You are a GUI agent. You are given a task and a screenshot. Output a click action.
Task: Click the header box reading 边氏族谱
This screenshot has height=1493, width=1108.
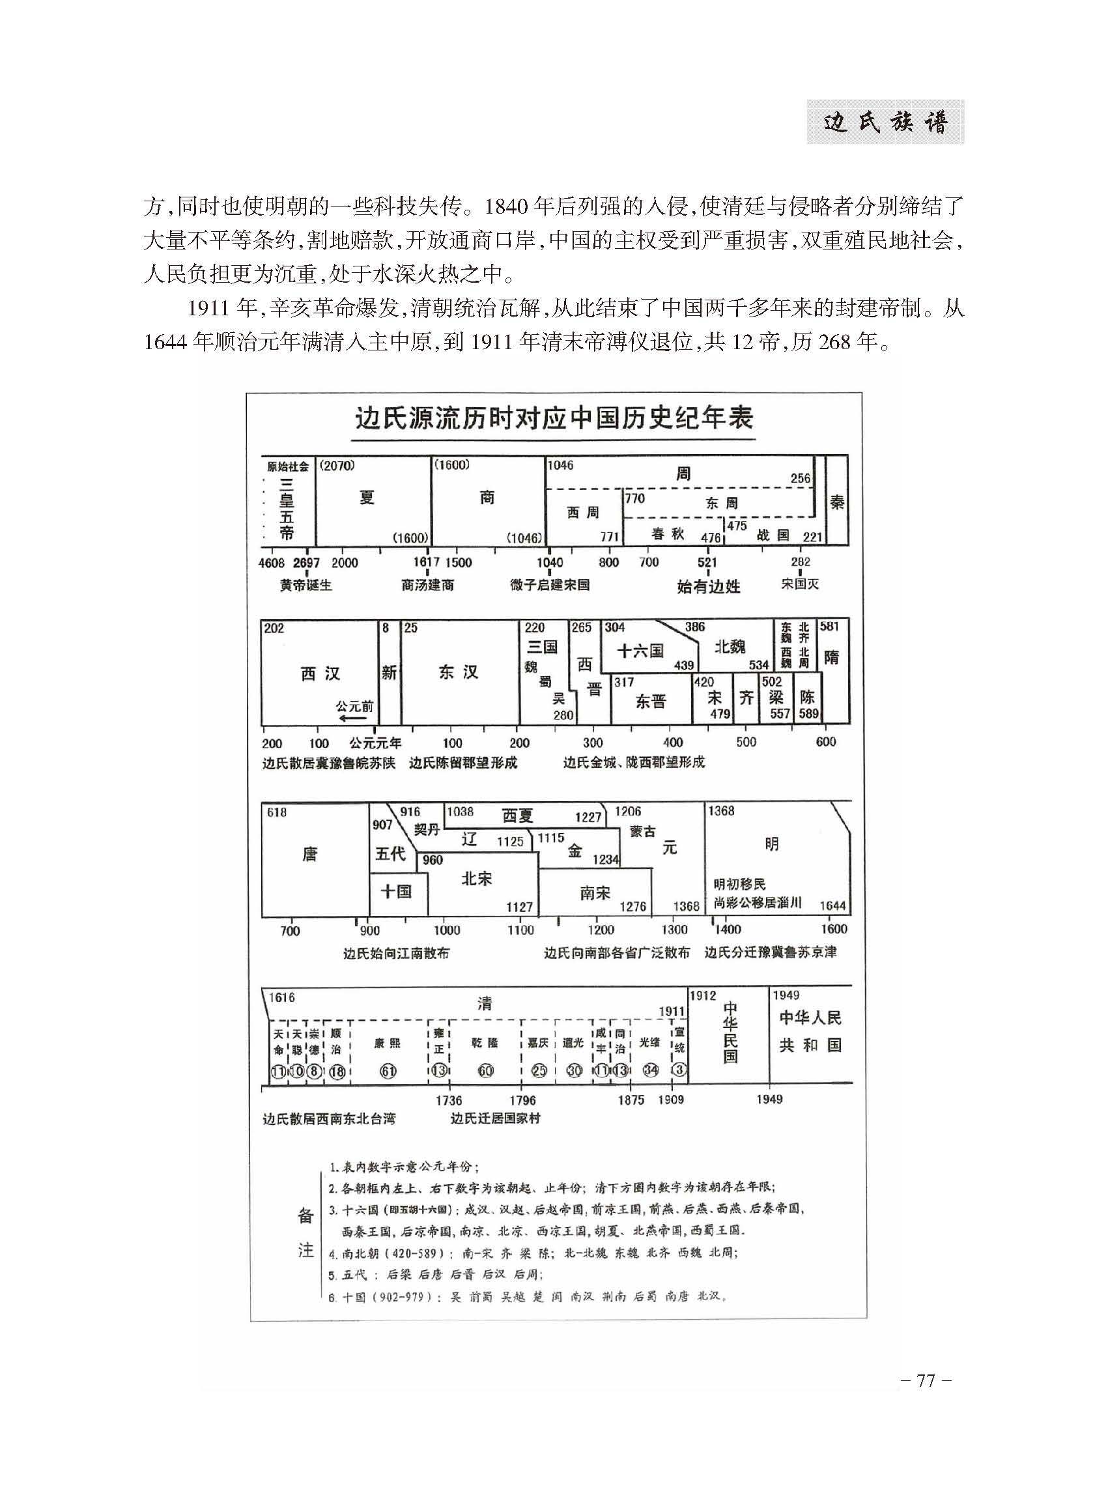[885, 122]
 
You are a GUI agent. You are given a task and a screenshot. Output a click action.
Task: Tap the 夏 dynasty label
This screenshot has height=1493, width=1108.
[366, 498]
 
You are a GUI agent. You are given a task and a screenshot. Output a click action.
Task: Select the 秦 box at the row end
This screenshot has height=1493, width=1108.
[837, 502]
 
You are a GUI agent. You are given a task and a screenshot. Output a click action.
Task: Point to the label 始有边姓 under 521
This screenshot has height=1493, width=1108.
[708, 586]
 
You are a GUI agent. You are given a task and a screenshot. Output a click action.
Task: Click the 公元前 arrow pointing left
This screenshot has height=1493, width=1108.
[354, 716]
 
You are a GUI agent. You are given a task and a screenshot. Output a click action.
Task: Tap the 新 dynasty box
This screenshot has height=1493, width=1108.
[389, 673]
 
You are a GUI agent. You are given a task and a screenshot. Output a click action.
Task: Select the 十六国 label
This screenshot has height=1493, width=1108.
[640, 650]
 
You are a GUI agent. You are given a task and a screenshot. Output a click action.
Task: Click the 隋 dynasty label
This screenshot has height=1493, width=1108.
[831, 657]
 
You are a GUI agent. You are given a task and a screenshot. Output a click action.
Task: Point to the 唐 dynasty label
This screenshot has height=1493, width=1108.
[310, 855]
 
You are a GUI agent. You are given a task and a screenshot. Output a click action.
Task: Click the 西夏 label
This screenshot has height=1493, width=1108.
[517, 816]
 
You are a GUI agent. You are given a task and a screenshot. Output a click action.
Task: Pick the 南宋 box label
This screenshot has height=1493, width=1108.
[595, 893]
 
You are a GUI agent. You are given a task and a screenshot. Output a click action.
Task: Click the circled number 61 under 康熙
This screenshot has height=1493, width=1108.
[388, 1072]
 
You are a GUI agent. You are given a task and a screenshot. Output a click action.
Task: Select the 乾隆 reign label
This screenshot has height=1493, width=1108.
[484, 1043]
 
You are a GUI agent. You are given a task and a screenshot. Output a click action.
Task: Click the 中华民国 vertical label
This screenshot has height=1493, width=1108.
[730, 1033]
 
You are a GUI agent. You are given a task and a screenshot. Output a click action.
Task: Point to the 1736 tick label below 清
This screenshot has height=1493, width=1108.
[449, 1100]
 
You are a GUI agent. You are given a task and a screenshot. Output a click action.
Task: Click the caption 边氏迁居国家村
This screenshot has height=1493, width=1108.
[496, 1118]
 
